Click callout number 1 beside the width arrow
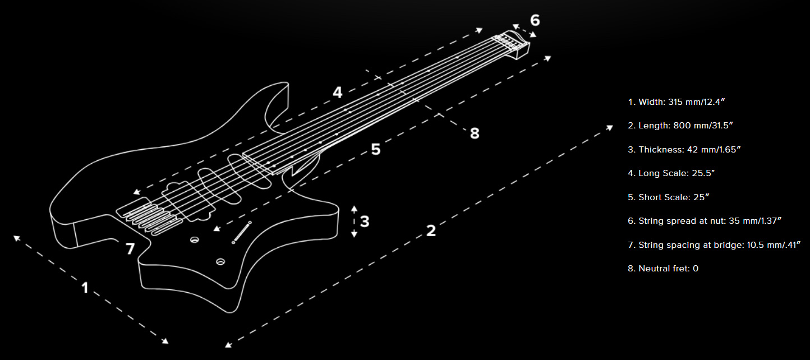(x=85, y=288)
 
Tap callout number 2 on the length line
(x=431, y=230)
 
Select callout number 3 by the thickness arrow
(x=365, y=221)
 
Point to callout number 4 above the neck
(x=337, y=93)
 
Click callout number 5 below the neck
(x=376, y=149)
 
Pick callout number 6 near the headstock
(x=535, y=20)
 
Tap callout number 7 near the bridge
(x=130, y=248)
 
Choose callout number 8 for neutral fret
(x=475, y=133)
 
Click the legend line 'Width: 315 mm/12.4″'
(x=676, y=102)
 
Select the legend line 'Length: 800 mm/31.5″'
(x=680, y=126)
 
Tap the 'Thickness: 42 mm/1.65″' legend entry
(x=684, y=150)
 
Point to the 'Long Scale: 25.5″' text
(x=671, y=173)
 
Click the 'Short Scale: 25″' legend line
(x=669, y=197)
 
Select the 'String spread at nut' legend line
(x=705, y=221)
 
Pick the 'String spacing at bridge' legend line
(x=714, y=245)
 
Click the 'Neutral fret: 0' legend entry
(x=663, y=269)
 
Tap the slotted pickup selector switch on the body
(x=241, y=232)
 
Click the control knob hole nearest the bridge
(x=195, y=239)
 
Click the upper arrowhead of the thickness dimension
(x=354, y=209)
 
